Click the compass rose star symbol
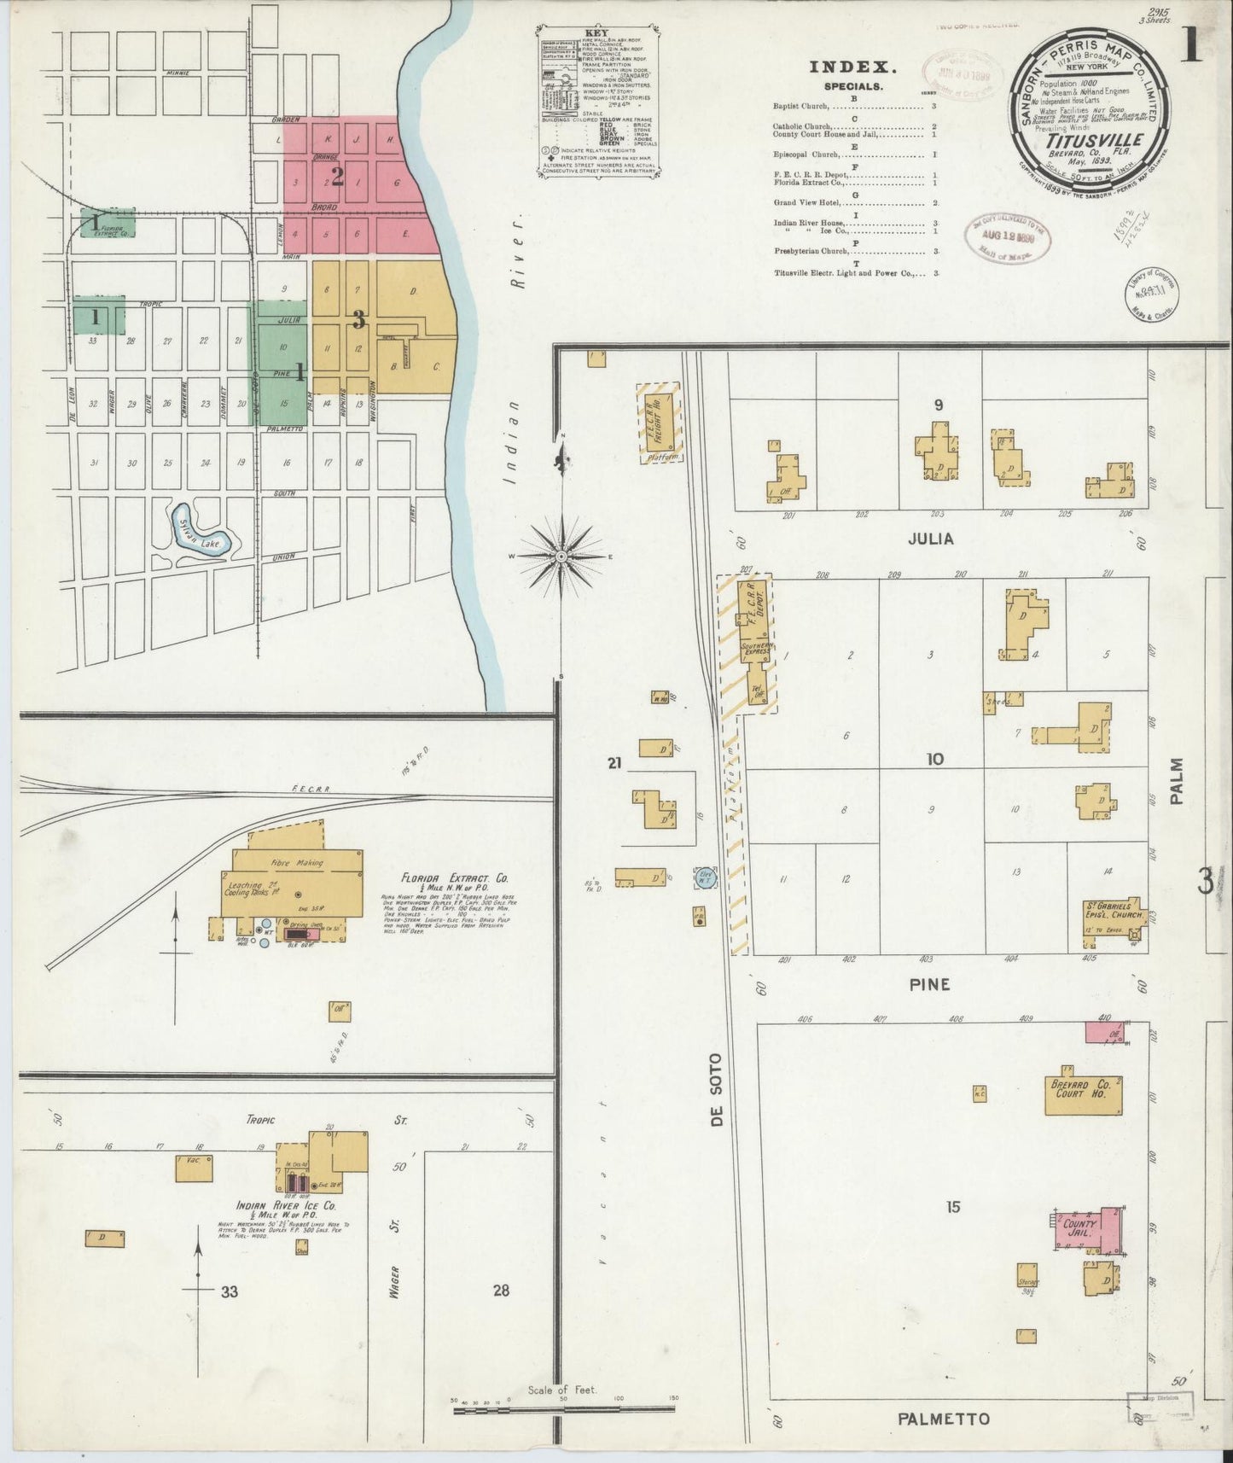point(561,557)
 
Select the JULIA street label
point(931,539)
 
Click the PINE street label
point(930,984)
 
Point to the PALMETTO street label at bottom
point(943,1418)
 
